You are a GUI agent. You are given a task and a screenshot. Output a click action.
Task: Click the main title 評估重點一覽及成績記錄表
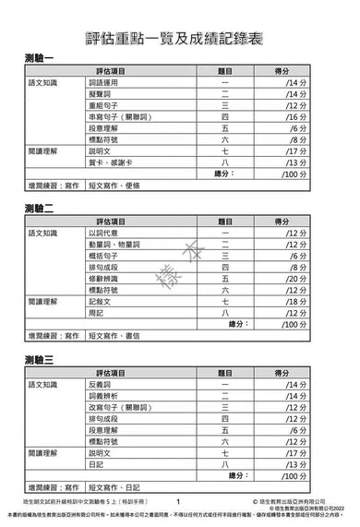(x=180, y=34)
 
